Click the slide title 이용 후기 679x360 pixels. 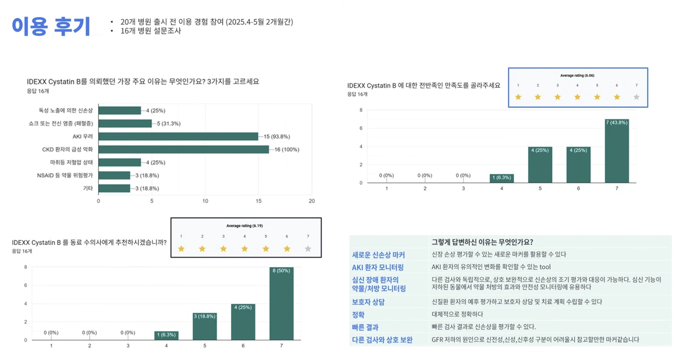50,27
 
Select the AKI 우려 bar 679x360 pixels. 178,136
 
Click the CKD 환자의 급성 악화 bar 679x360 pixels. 183,149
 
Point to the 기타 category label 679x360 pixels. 88,188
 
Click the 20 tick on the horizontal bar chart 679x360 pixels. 312,201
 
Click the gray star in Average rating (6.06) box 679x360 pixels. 636,97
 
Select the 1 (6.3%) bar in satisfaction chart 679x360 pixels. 501,178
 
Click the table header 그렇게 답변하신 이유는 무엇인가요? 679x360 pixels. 482,242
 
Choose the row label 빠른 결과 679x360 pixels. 365,327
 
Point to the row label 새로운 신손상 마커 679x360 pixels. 378,255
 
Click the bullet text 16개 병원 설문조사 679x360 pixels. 151,31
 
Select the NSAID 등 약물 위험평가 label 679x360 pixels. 65,175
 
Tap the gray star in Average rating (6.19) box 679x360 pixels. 307,249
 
